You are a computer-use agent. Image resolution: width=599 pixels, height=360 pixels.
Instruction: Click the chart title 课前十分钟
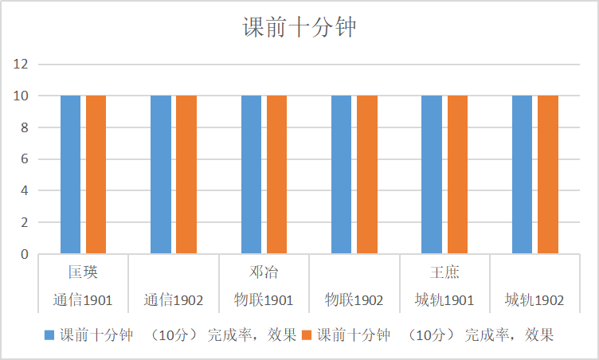(299, 29)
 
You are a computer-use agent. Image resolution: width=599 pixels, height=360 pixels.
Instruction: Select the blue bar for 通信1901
(70, 174)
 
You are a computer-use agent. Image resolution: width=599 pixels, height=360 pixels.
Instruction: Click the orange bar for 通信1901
(96, 174)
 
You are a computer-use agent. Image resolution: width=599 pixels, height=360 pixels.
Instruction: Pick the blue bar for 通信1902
(160, 174)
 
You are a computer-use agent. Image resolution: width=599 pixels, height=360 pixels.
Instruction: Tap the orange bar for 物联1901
(276, 174)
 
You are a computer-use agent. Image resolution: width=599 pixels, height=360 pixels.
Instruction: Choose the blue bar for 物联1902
(341, 174)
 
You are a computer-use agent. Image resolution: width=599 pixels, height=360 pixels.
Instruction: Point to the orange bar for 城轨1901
(457, 174)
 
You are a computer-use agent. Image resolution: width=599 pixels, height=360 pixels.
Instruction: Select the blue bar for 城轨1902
(522, 174)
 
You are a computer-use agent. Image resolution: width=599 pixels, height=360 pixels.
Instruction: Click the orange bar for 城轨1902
(547, 174)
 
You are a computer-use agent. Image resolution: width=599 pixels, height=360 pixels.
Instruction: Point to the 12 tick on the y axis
(21, 64)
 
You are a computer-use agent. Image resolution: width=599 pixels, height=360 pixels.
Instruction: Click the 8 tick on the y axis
(25, 127)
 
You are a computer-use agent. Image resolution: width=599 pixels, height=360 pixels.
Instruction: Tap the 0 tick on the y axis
(25, 255)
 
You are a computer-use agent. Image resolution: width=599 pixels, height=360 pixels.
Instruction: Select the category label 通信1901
(83, 300)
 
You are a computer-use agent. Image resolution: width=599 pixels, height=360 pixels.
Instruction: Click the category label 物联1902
(354, 300)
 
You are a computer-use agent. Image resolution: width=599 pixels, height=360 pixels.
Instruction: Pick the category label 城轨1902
(534, 300)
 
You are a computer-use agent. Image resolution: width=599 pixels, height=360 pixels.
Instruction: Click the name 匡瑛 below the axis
(83, 272)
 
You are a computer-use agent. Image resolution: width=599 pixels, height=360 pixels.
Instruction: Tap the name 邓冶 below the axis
(264, 272)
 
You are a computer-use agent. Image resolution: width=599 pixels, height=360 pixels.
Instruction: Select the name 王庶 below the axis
(444, 272)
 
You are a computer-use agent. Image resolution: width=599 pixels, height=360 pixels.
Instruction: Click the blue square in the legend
(49, 335)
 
